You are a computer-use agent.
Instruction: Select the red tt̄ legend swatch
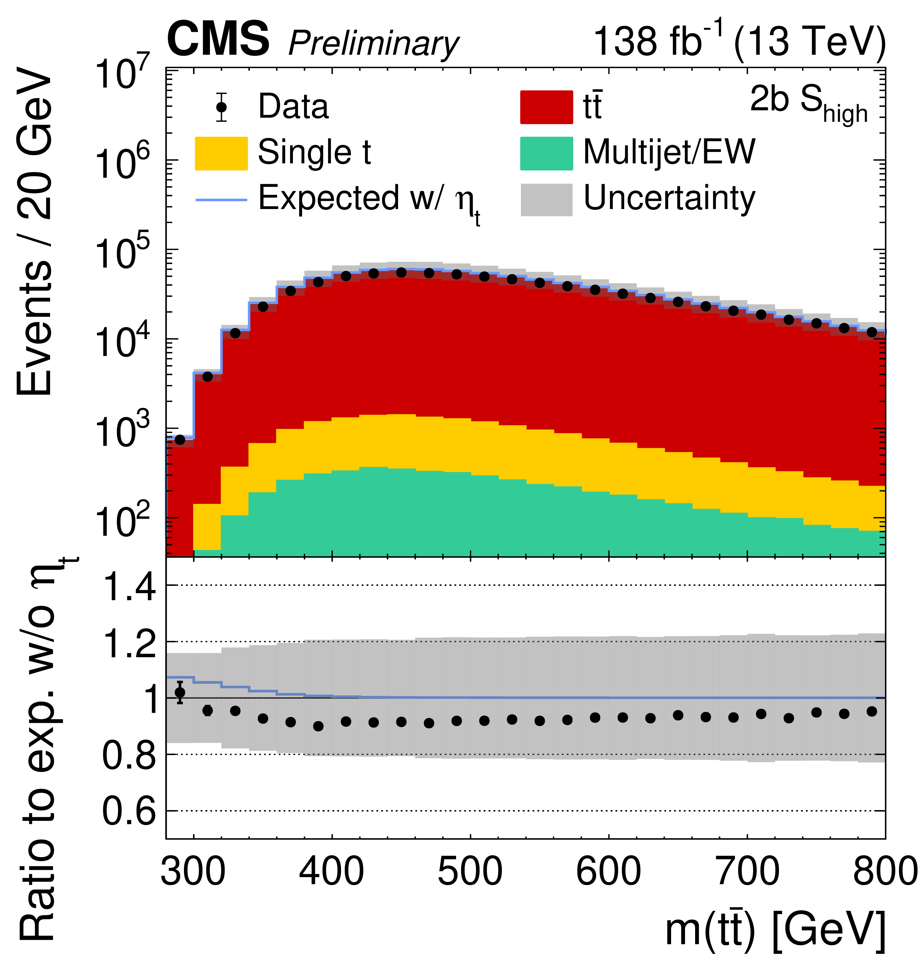(546, 107)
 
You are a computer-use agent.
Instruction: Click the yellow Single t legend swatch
(221, 153)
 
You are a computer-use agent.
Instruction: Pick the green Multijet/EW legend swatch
(546, 153)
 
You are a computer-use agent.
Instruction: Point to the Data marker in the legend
(221, 107)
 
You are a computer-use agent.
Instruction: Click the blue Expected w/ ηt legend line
(221, 200)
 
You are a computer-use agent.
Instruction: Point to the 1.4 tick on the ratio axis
(129, 586)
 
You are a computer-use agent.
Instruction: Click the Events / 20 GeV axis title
(34, 230)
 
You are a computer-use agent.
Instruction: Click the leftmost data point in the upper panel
(180, 440)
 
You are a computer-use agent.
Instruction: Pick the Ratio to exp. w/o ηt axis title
(39, 749)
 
